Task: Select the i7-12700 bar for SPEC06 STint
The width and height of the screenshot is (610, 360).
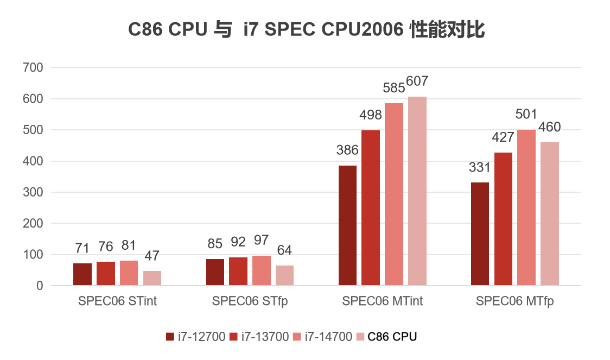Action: [82, 274]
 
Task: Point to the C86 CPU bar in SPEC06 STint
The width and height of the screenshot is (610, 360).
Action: [152, 278]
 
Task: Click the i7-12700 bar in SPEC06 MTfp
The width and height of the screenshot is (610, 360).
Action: [480, 234]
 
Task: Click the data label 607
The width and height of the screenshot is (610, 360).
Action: [417, 82]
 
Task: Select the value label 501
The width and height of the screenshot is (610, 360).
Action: [526, 115]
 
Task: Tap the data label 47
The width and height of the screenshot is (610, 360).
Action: [152, 256]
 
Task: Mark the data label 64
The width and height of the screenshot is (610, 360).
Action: [284, 250]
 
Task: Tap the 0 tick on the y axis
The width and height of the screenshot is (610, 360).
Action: [39, 286]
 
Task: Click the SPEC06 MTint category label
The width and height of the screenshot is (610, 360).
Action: [382, 301]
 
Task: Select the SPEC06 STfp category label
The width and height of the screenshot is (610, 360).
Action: [250, 301]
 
